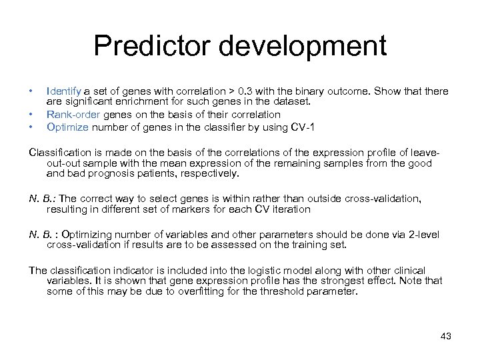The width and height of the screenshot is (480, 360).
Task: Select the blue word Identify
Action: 64,91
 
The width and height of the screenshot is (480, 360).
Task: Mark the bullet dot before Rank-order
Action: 31,114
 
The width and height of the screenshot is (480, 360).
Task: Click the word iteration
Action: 290,209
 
